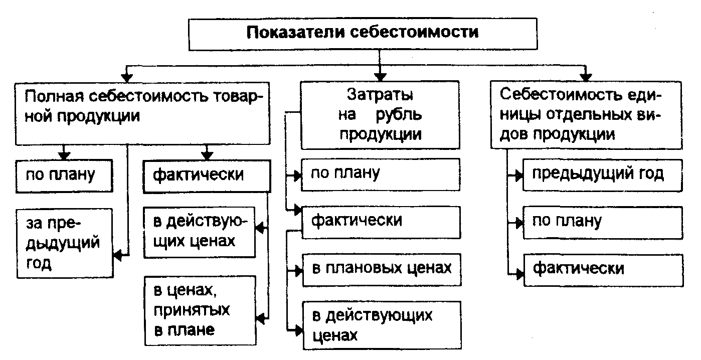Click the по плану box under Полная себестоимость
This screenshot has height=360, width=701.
coord(64,175)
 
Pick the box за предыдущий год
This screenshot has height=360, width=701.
coord(64,243)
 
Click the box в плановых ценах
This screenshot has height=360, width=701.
coord(381,269)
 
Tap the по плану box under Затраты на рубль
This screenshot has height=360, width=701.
coord(381,174)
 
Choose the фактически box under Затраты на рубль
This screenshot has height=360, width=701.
coord(381,221)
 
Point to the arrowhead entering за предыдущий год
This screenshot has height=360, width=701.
coord(117,255)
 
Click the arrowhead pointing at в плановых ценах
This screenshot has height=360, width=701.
coord(297,270)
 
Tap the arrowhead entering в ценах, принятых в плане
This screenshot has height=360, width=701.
coord(261,318)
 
